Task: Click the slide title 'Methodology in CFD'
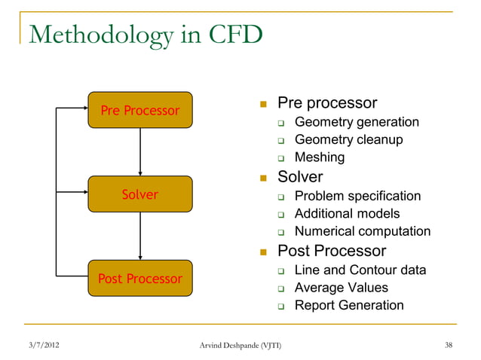pos(145,35)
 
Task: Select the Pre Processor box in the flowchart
pos(140,111)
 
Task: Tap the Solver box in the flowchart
pos(140,194)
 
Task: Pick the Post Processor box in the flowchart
pos(140,279)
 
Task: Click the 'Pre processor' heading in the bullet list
pos(327,102)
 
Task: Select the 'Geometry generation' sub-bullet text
pos(357,122)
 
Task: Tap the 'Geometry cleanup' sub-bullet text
pos(348,139)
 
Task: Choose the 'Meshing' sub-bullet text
pos(320,157)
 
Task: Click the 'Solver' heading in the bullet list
pos(300,177)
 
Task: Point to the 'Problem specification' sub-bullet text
pos(357,196)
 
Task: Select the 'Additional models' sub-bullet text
pos(347,214)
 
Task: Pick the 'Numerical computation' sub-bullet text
pos(362,232)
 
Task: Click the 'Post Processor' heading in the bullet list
pos(332,251)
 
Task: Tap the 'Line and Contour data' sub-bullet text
pos(360,270)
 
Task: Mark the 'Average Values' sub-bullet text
pos(341,288)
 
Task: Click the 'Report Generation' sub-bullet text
pos(348,306)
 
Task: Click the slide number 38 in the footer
pos(449,346)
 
